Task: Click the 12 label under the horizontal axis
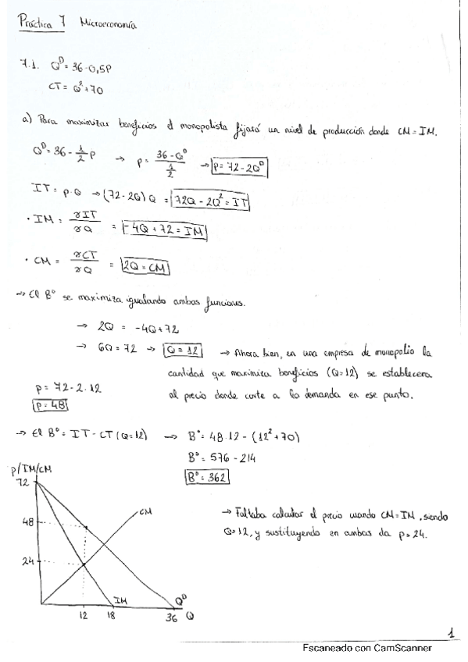83,616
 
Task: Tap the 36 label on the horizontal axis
172,619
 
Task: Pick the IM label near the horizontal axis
120,599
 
